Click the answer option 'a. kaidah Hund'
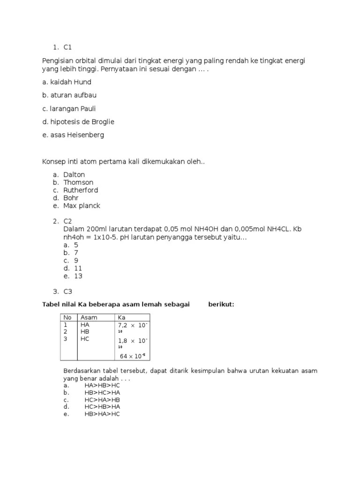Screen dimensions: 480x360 coord(67,82)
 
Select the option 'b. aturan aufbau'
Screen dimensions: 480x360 coord(69,95)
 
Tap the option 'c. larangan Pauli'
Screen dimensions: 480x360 coord(69,109)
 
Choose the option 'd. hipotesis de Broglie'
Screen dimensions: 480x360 coord(78,122)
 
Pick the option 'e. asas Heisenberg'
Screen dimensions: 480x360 coord(73,135)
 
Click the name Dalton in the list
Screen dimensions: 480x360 coord(74,174)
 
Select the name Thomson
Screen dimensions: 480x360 coord(78,182)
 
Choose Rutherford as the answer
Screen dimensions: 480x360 coord(81,190)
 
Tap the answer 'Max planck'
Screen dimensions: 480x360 coord(82,206)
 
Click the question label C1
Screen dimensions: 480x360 coord(68,47)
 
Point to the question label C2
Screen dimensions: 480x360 coord(68,221)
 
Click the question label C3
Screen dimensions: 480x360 coord(68,292)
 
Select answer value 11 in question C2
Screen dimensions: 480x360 coord(78,268)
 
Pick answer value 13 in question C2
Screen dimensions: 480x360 coord(78,276)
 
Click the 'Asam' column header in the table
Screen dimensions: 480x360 coord(89,317)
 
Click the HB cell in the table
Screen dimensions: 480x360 coord(85,331)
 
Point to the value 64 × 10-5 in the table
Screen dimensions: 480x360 coord(133,356)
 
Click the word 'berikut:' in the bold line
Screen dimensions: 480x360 coord(221,305)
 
